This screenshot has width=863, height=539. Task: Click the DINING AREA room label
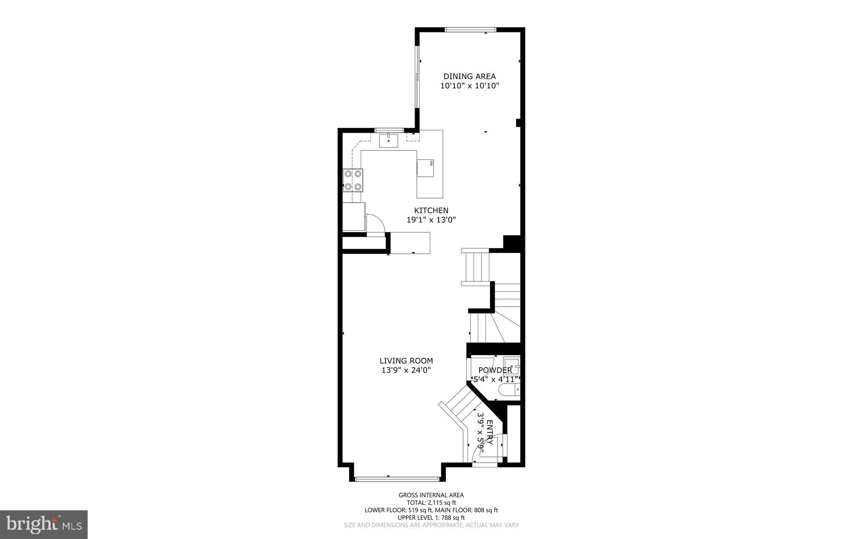coord(469,76)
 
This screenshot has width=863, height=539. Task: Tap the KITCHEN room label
coord(431,210)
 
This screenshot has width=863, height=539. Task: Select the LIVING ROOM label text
coord(406,361)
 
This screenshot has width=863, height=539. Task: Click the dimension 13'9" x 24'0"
coord(406,370)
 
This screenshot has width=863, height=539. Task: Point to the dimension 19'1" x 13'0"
coord(431,220)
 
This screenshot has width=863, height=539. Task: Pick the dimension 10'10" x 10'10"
coord(469,86)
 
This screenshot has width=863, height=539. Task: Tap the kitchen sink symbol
coord(389,140)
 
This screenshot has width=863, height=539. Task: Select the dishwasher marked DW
coord(426,167)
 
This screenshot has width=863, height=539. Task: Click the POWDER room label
coord(495,370)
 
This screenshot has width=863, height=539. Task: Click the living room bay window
coord(397,479)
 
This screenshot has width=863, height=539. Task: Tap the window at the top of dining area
coord(470,29)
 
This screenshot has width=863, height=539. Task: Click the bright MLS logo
coord(44,524)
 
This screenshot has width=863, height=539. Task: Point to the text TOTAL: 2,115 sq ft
coord(431,503)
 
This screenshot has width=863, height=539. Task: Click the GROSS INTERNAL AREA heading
coord(431,495)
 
